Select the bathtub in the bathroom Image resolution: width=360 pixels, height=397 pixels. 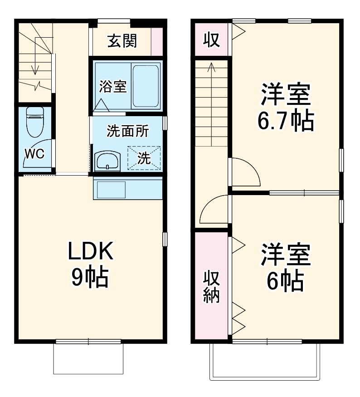point(146,86)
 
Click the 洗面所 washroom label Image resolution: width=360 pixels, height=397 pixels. point(127,131)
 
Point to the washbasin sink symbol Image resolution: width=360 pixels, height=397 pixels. point(107,161)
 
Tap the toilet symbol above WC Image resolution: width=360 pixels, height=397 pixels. point(34,122)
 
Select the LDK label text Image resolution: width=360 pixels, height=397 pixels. point(90,250)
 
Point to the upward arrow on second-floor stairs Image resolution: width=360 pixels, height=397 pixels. point(211,68)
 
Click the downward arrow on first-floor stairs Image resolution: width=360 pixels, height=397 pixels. point(34,68)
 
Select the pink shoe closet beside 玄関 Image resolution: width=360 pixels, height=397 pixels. point(156,41)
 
